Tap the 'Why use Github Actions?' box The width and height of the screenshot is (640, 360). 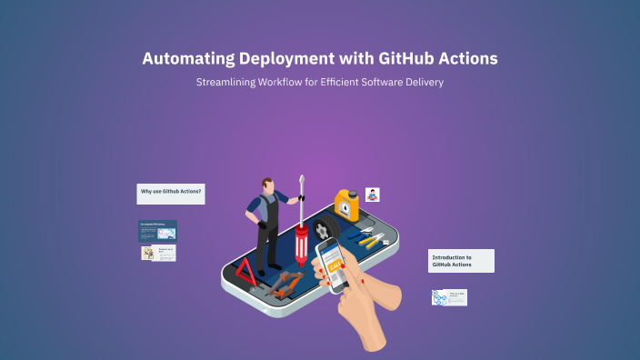click(x=171, y=193)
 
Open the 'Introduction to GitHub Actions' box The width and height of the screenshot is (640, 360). click(x=461, y=261)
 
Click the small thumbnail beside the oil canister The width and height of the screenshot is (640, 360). click(x=372, y=195)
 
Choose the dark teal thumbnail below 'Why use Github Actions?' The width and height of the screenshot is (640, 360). click(x=157, y=230)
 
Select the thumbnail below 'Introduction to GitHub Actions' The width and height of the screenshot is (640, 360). click(x=449, y=297)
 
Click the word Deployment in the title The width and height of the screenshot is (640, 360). click(x=289, y=59)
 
